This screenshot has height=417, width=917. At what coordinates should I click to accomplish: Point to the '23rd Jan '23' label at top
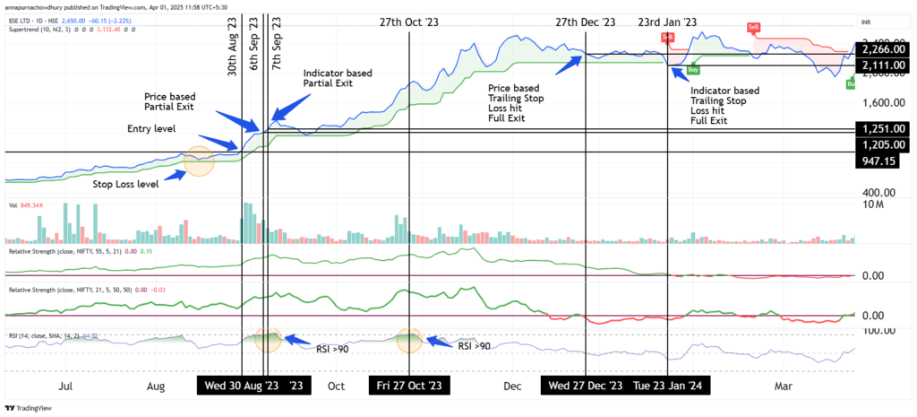pos(667,22)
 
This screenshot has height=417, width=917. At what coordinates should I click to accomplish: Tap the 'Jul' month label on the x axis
pos(64,386)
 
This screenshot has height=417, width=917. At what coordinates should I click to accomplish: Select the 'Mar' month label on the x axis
pos(783,386)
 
